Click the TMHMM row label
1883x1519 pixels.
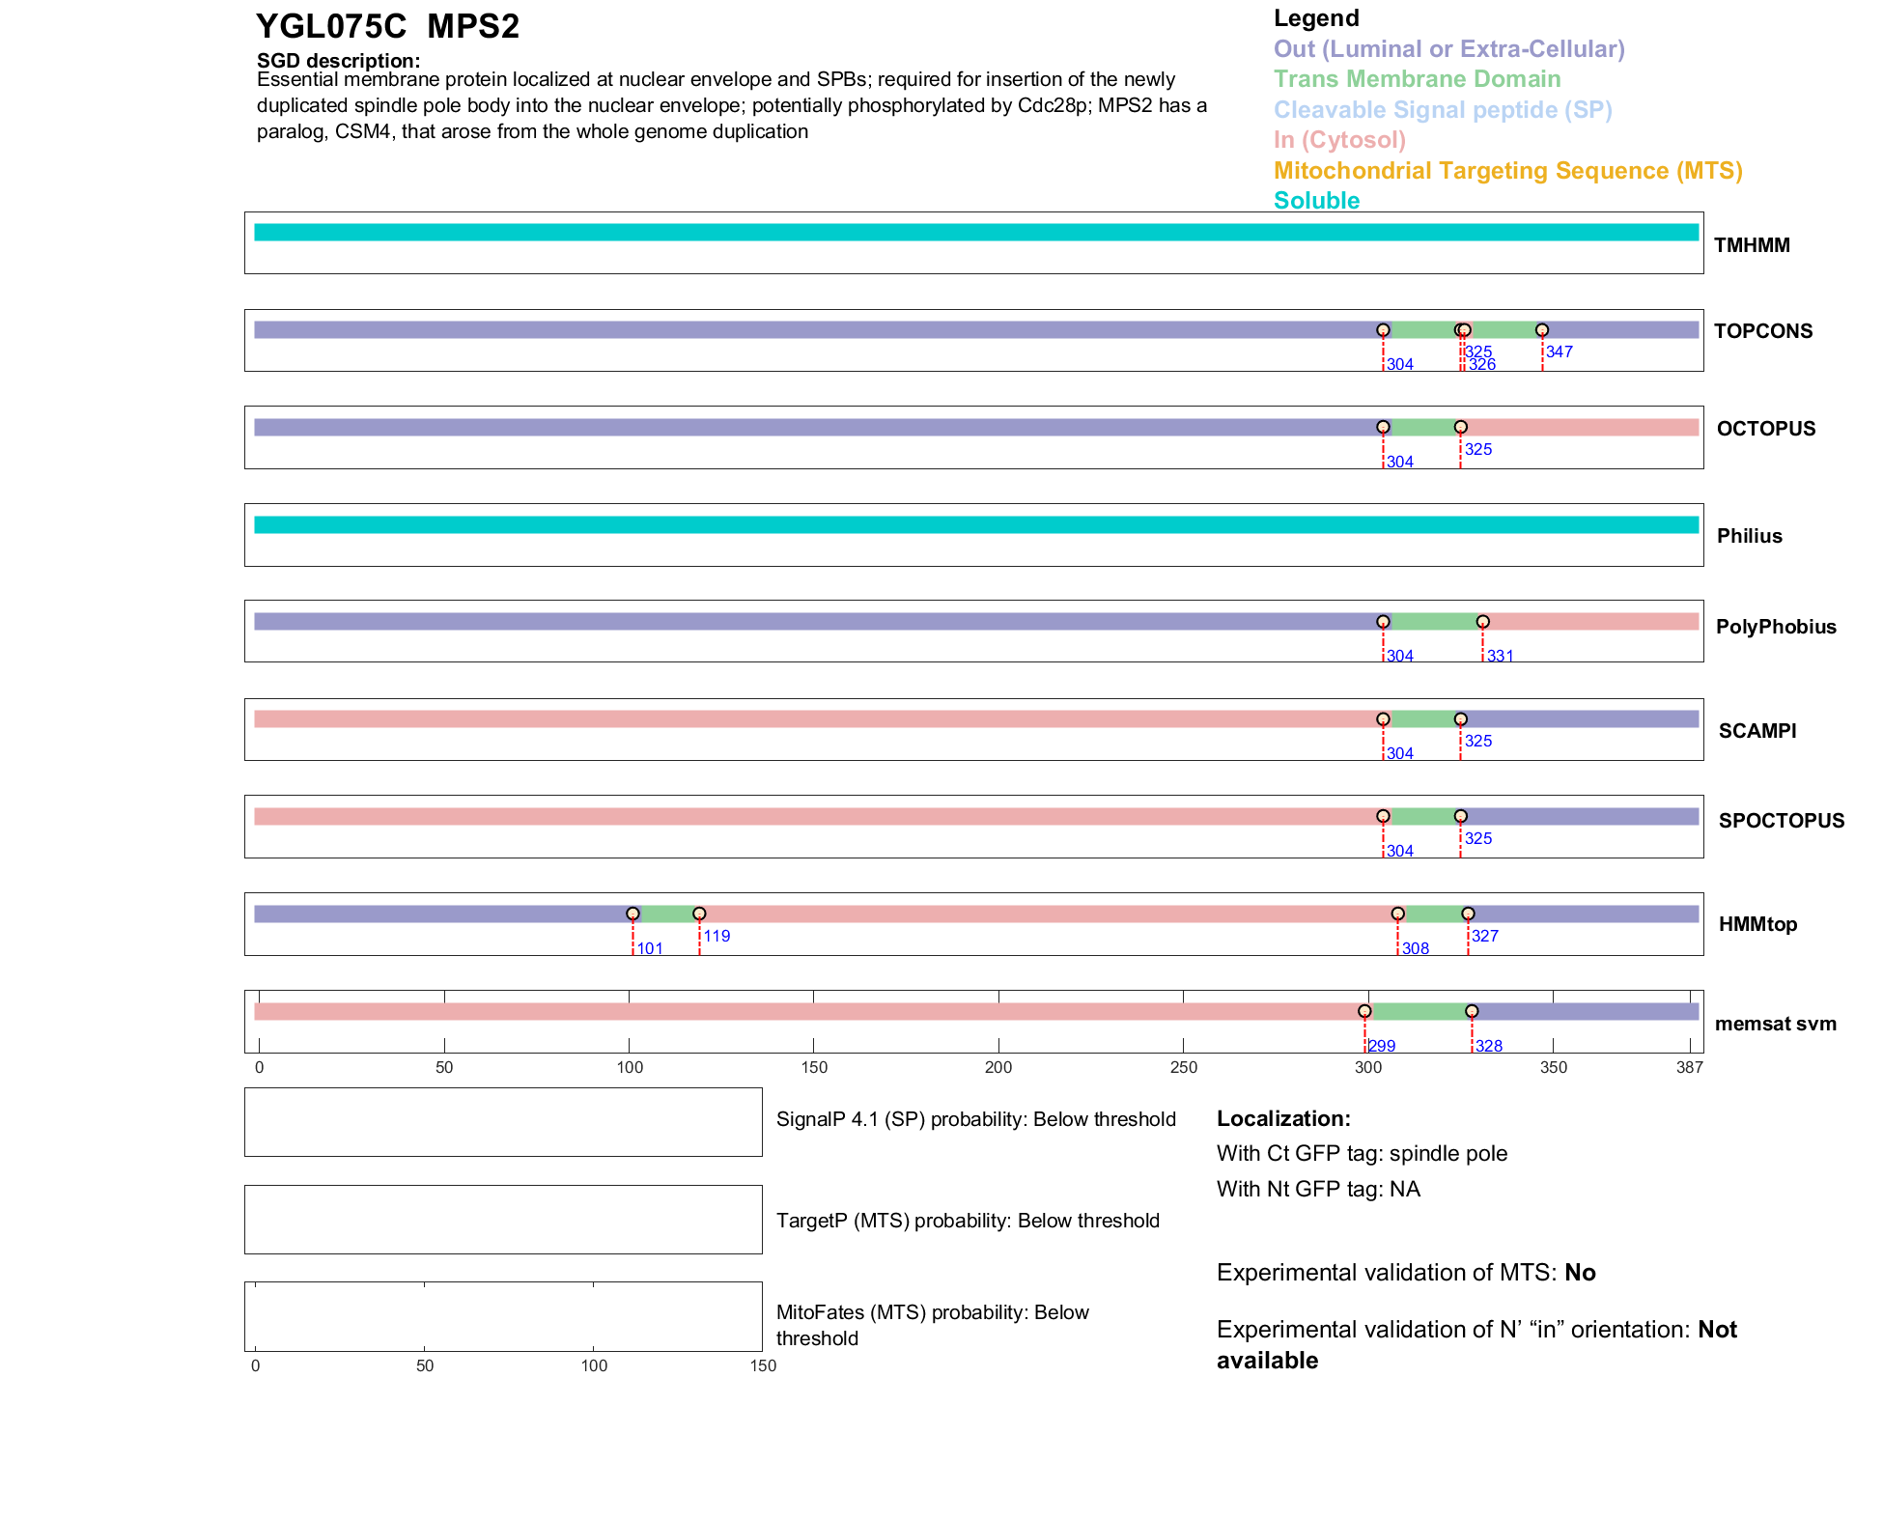pyautogui.click(x=1751, y=245)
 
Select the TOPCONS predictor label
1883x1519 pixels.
pyautogui.click(x=1762, y=331)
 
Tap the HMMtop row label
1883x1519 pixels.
pyautogui.click(x=1757, y=924)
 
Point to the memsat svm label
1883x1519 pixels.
pyautogui.click(x=1775, y=1024)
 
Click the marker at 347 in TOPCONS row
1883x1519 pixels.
pyautogui.click(x=1541, y=330)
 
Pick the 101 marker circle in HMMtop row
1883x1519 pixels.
pyautogui.click(x=632, y=914)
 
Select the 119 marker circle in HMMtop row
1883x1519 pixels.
pyautogui.click(x=699, y=914)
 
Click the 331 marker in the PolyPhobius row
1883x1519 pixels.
pyautogui.click(x=1482, y=622)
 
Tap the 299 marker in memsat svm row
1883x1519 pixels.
pyautogui.click(x=1364, y=1011)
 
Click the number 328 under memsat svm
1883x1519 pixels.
pyautogui.click(x=1488, y=1046)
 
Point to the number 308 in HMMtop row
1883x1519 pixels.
pyautogui.click(x=1415, y=948)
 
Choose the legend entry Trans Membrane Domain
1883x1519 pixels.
pyautogui.click(x=1417, y=79)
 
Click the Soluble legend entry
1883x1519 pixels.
pyautogui.click(x=1316, y=201)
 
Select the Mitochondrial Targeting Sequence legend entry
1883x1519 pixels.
pyautogui.click(x=1507, y=171)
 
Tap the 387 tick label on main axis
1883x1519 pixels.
pyautogui.click(x=1689, y=1067)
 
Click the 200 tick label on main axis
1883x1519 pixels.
pyautogui.click(x=998, y=1067)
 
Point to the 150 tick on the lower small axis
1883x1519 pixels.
pyautogui.click(x=763, y=1365)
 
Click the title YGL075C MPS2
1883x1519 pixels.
pyautogui.click(x=387, y=26)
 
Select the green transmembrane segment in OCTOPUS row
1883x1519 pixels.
pyautogui.click(x=1421, y=428)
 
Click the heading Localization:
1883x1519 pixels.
pyautogui.click(x=1282, y=1118)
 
